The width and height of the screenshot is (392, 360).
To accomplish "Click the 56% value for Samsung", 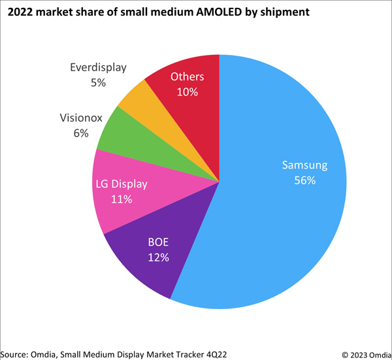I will coord(304,180).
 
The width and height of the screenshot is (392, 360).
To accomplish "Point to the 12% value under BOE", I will coord(159,257).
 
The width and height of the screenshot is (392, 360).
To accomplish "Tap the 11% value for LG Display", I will coord(122,199).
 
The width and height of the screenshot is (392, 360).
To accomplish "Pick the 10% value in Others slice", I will coord(188,91).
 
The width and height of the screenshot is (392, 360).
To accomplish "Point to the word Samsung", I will coord(304,165).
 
